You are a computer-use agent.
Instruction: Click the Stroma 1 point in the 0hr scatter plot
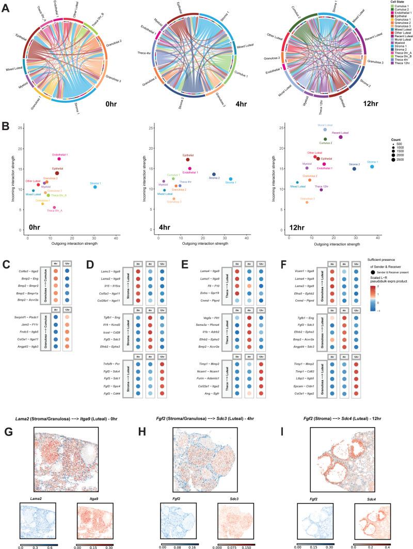[x=95, y=186]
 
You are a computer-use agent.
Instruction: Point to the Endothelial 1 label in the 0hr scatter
[x=59, y=154]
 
